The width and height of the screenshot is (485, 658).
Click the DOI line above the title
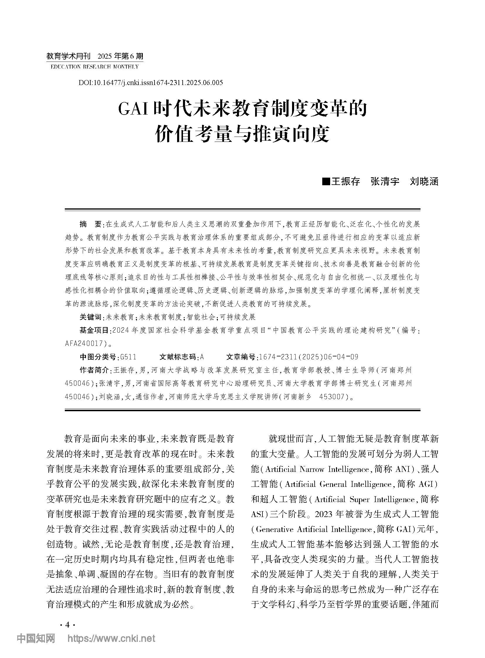pyautogui.click(x=151, y=82)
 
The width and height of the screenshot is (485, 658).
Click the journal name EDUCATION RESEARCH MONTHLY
pyautogui.click(x=94, y=67)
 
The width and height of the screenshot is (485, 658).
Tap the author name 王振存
pyautogui.click(x=345, y=182)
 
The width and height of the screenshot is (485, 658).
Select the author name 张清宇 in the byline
pyautogui.click(x=385, y=182)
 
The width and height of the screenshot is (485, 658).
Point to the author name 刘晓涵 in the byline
pyautogui.click(x=424, y=182)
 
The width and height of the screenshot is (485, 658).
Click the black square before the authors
pyautogui.click(x=325, y=181)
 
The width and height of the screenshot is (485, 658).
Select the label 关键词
pyautogui.click(x=90, y=317)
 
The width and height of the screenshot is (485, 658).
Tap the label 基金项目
pyautogui.click(x=94, y=330)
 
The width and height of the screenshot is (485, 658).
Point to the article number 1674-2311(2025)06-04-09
pyautogui.click(x=308, y=357)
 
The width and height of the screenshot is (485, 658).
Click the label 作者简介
pyautogui.click(x=94, y=370)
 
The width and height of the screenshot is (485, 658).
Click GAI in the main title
pyautogui.click(x=133, y=109)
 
